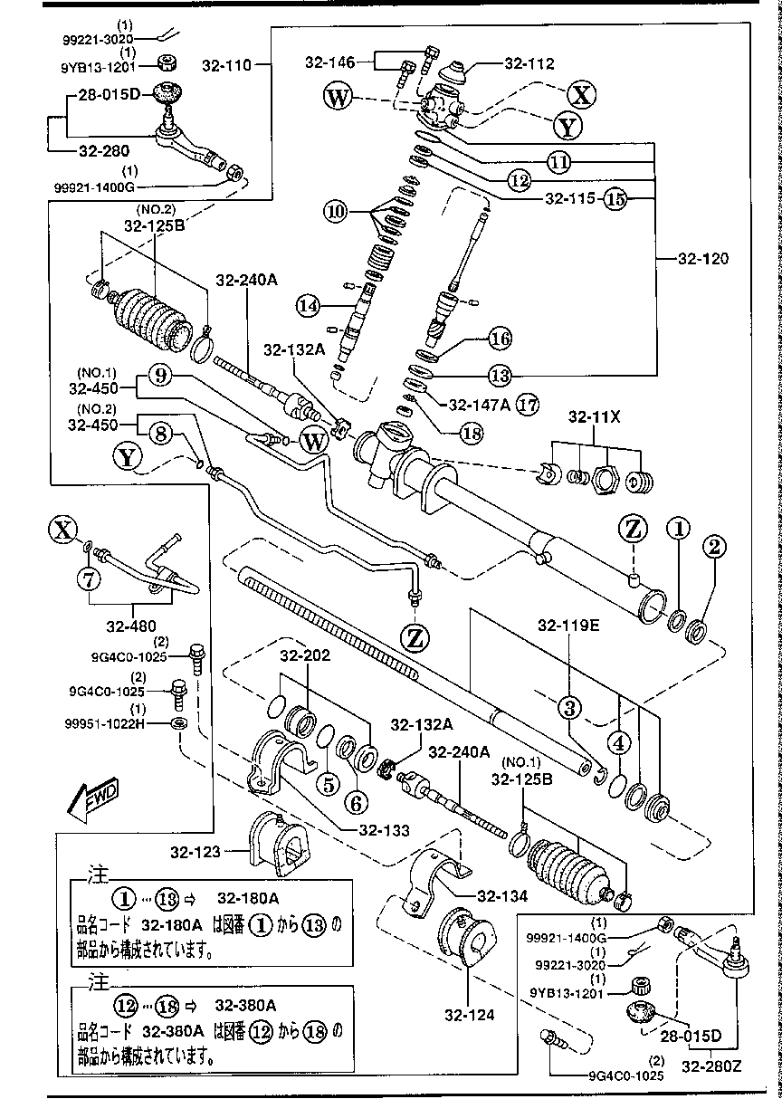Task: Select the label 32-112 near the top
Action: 529,64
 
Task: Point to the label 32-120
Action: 702,258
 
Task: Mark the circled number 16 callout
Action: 501,339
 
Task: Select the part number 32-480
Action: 130,626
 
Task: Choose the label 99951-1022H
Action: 126,724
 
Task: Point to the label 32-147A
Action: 480,405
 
